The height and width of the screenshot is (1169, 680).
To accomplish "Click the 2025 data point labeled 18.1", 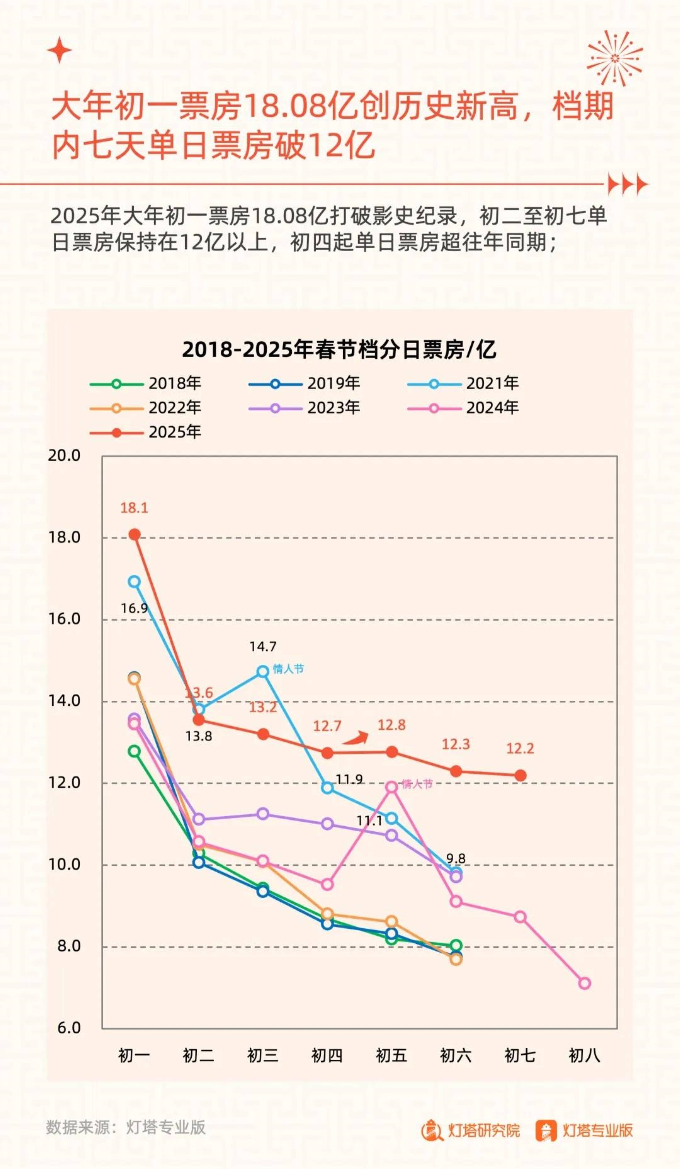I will coord(135,534).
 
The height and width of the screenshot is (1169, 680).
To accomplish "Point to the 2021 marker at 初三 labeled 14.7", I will coord(263,671).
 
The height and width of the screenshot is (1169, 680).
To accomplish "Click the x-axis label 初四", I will coord(327,1055).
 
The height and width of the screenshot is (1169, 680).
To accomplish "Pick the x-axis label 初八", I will coord(585,1055).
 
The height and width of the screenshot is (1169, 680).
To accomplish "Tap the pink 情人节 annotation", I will coord(417,784).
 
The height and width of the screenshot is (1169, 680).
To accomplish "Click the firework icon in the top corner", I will coord(615,58).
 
